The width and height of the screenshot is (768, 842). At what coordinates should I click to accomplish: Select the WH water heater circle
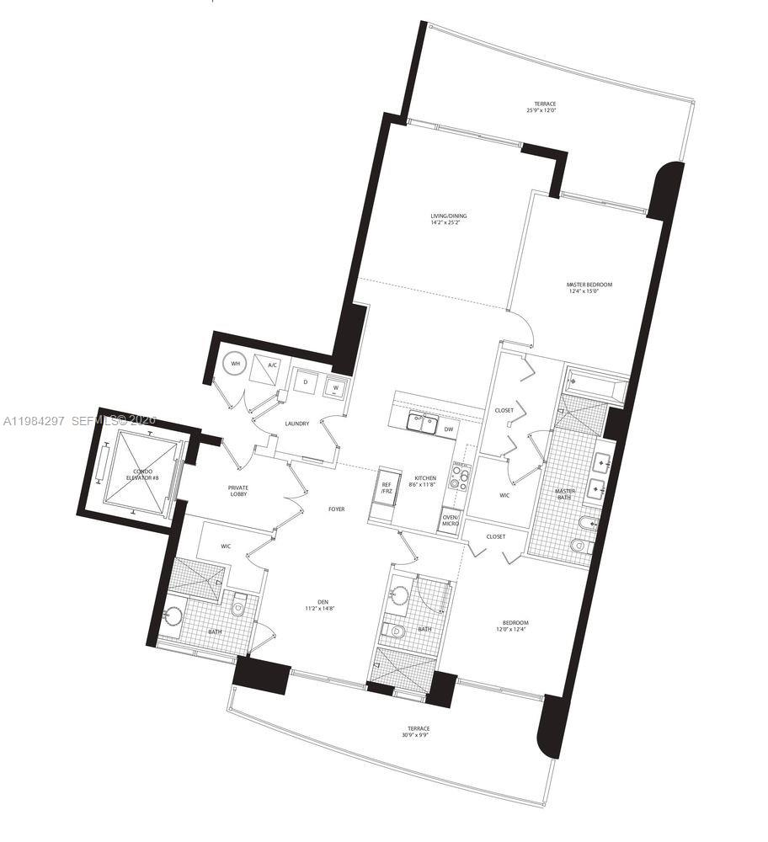[x=236, y=365]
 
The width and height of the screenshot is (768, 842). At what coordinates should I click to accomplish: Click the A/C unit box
[x=272, y=366]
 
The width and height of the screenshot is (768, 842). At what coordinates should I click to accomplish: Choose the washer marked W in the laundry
[x=335, y=386]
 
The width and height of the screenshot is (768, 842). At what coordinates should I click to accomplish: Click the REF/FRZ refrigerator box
[x=387, y=488]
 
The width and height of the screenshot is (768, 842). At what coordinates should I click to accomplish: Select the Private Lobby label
[x=238, y=491]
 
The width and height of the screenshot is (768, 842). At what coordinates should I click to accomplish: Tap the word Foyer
[x=337, y=509]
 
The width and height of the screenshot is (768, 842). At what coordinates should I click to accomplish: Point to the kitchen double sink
[x=420, y=425]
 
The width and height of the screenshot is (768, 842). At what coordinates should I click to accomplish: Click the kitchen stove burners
[x=460, y=478]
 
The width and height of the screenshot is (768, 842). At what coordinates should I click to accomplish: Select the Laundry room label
[x=296, y=424]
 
